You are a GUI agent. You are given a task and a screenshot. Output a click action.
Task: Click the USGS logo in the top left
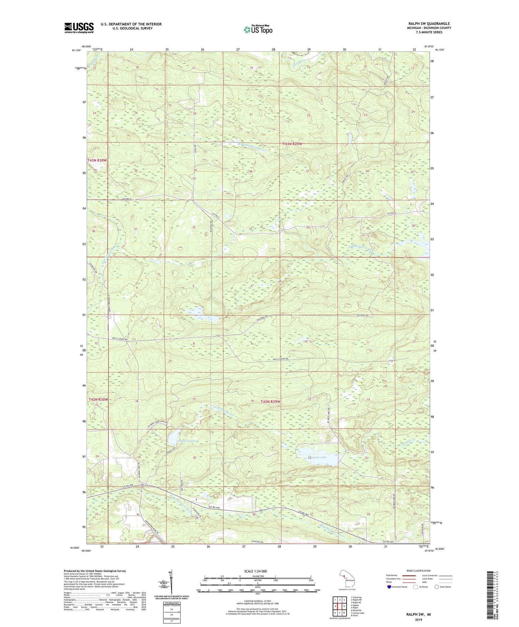pos(79,28)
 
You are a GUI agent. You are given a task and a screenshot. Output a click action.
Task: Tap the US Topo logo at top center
pos(258,29)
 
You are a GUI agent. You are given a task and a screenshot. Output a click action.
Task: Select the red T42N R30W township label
pos(98,399)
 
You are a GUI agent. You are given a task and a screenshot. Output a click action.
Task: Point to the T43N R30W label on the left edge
pos(97,160)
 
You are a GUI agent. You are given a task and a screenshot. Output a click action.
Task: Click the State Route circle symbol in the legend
pos(436,587)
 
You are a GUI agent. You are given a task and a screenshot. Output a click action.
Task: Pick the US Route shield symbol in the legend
pos(416,587)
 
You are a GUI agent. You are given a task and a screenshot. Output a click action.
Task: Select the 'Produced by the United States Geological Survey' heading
pos(95,571)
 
